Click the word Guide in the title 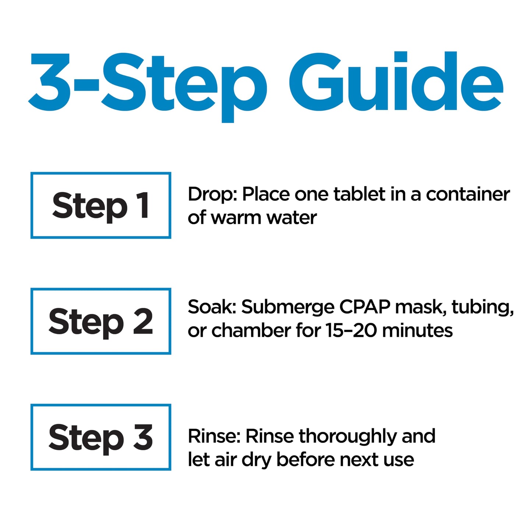(396, 81)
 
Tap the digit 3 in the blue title (49, 82)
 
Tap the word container (468, 194)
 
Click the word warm (236, 218)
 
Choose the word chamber (251, 331)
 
